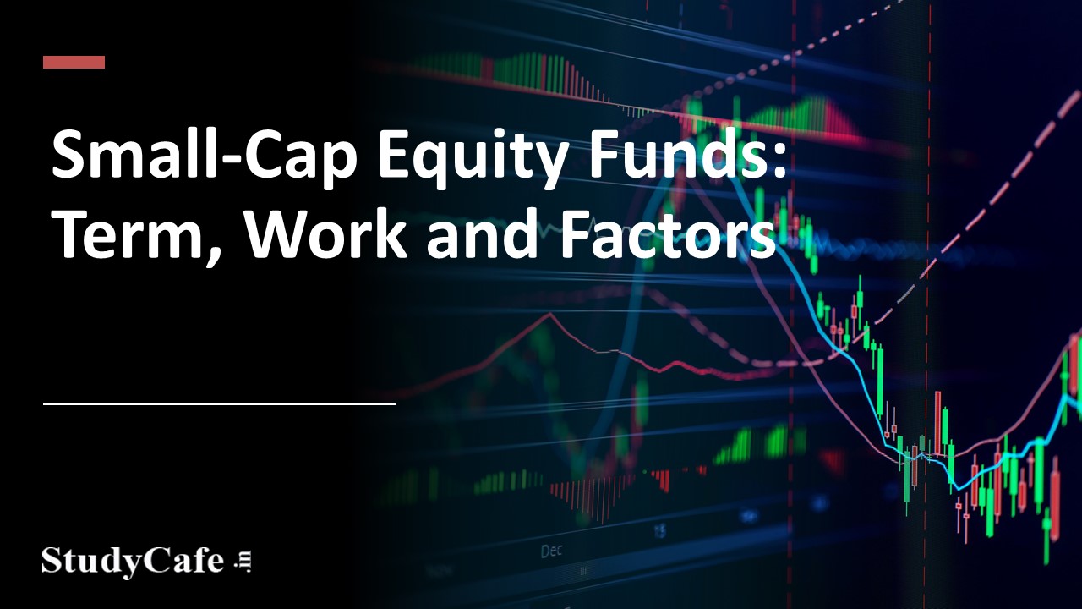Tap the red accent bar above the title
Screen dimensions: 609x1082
click(74, 62)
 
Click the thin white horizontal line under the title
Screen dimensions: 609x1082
click(219, 404)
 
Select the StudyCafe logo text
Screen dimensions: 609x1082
click(133, 561)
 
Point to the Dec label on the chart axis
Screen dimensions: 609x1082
click(550, 551)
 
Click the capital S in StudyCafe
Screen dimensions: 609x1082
click(54, 561)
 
